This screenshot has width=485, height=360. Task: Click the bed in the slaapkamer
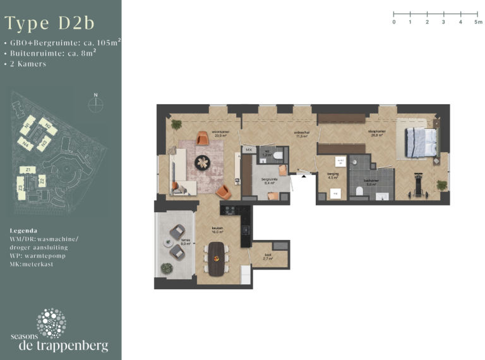[417, 141]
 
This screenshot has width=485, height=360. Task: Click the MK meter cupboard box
[249, 150]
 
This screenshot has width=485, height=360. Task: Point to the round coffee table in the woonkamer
[203, 162]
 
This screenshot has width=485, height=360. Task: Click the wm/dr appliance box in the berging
[339, 161]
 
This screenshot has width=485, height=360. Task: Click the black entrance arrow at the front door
[304, 177]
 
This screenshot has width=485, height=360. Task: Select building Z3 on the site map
[21, 188]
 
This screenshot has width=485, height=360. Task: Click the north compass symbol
[95, 104]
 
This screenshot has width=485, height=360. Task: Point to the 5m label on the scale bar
[478, 22]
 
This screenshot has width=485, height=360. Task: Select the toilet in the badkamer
[358, 190]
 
